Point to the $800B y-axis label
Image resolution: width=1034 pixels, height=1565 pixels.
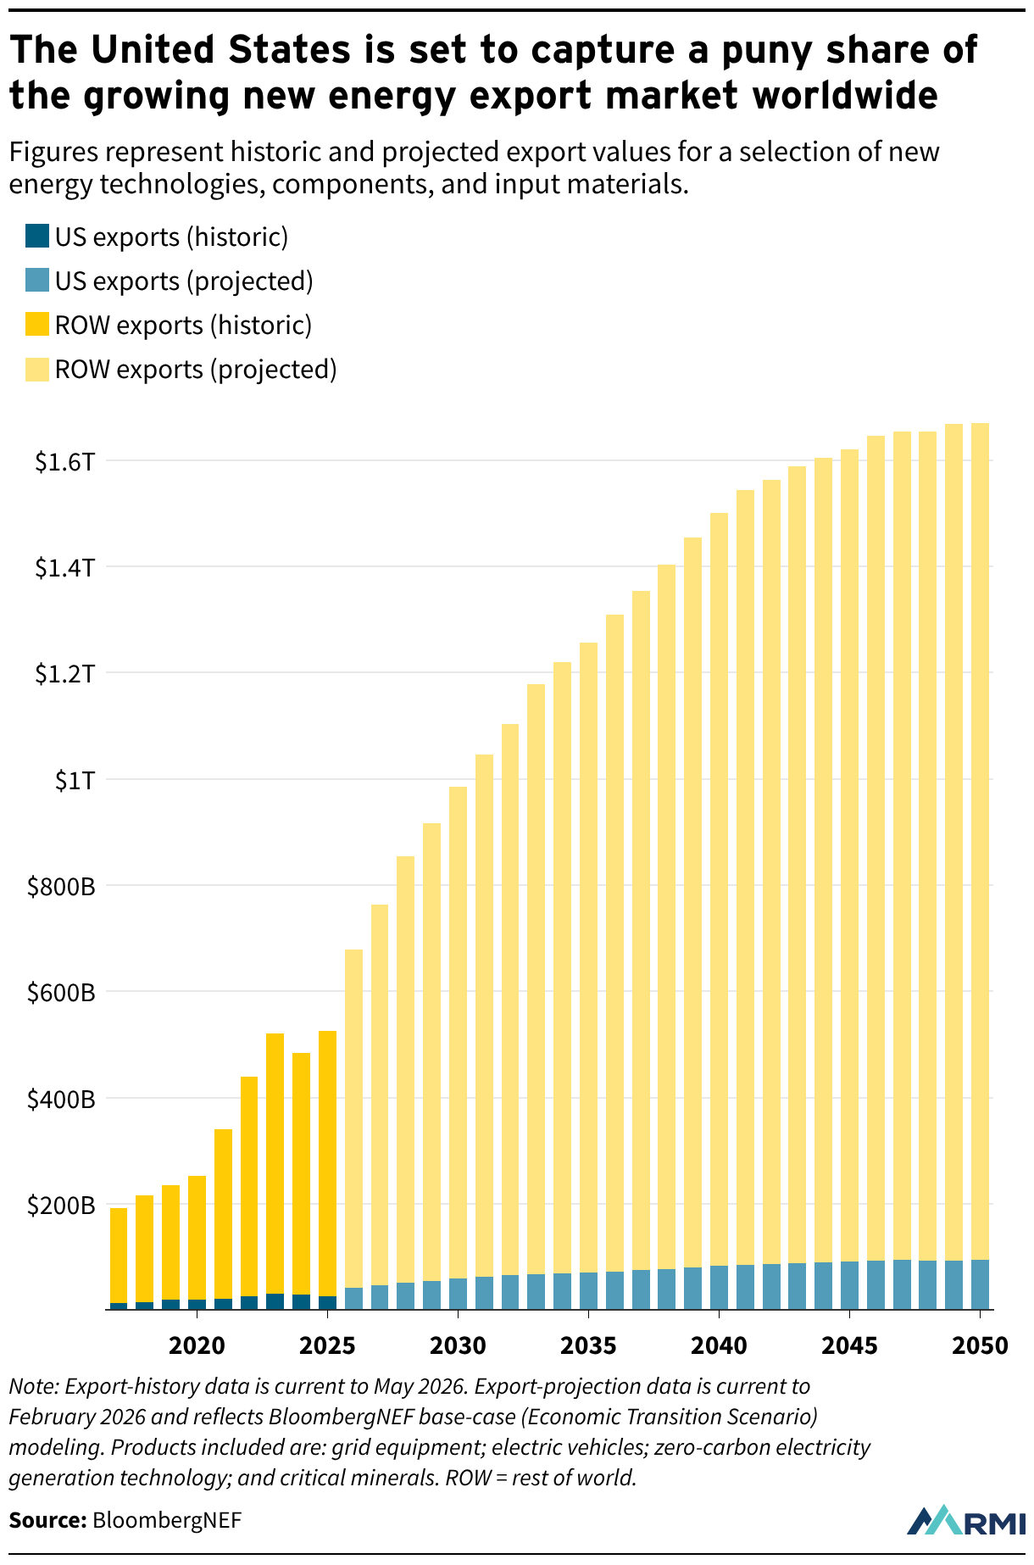[61, 888]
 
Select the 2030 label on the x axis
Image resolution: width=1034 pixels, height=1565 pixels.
[458, 1345]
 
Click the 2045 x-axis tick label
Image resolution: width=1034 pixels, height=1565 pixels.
[849, 1345]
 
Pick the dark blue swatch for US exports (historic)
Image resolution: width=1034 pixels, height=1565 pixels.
[37, 236]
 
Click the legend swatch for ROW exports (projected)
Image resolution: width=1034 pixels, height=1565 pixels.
[37, 369]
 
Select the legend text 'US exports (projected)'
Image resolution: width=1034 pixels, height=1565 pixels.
[184, 281]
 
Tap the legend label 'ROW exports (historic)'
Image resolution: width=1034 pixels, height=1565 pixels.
[183, 326]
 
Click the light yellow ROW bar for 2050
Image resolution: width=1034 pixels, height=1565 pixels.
[980, 841]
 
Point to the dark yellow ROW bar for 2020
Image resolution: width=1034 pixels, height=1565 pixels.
[197, 1238]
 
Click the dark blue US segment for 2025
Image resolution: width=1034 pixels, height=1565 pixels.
[327, 1303]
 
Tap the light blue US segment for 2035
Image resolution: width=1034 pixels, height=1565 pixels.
[588, 1291]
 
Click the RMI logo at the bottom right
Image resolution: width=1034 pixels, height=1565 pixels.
[967, 1520]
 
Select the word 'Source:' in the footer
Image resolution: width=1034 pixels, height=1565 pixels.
[48, 1519]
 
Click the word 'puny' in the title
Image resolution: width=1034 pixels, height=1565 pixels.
[781, 52]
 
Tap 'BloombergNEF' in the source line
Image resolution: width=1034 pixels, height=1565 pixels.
[167, 1519]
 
